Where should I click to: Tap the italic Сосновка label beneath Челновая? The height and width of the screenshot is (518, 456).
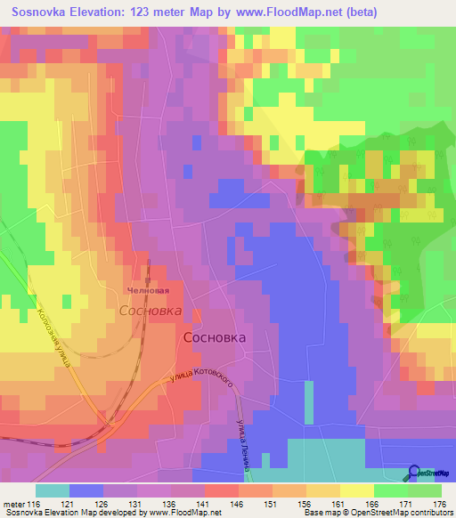[151, 312]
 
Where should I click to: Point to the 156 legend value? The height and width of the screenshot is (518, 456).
[306, 504]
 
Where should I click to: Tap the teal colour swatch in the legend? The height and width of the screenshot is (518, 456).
[53, 490]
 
